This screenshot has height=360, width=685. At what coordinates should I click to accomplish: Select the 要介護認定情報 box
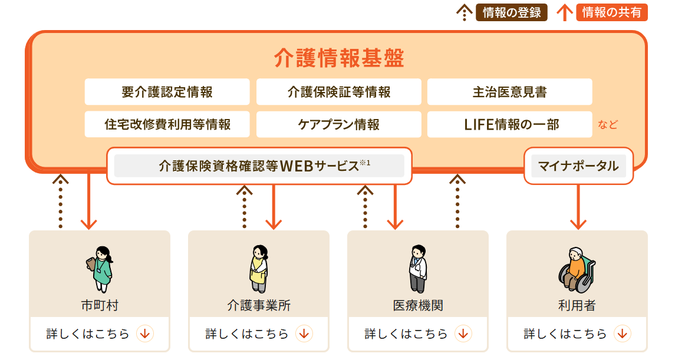pyautogui.click(x=167, y=92)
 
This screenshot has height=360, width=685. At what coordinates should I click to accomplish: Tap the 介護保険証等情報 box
pyautogui.click(x=339, y=92)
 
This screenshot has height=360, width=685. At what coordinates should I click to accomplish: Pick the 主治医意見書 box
pyautogui.click(x=509, y=92)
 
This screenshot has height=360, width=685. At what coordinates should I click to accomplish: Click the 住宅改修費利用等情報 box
pyautogui.click(x=167, y=124)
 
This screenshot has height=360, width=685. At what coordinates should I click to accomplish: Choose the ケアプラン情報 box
pyautogui.click(x=339, y=124)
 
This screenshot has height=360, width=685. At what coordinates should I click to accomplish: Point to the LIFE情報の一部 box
pyautogui.click(x=509, y=124)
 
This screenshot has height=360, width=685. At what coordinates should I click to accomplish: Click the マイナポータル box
pyautogui.click(x=578, y=166)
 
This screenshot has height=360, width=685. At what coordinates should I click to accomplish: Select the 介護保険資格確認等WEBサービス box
pyautogui.click(x=259, y=166)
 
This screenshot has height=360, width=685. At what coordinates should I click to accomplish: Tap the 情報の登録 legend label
pyautogui.click(x=511, y=12)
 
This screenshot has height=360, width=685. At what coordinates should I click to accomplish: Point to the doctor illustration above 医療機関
pyautogui.click(x=417, y=269)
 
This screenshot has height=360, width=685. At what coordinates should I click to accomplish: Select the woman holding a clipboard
pyautogui.click(x=99, y=269)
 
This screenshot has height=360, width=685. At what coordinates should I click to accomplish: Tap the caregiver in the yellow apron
pyautogui.click(x=258, y=269)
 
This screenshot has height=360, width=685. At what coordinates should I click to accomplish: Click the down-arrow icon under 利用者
pyautogui.click(x=622, y=334)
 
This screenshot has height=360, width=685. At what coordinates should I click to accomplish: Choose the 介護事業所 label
pyautogui.click(x=258, y=306)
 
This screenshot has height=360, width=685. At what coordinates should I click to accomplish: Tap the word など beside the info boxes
pyautogui.click(x=608, y=124)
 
